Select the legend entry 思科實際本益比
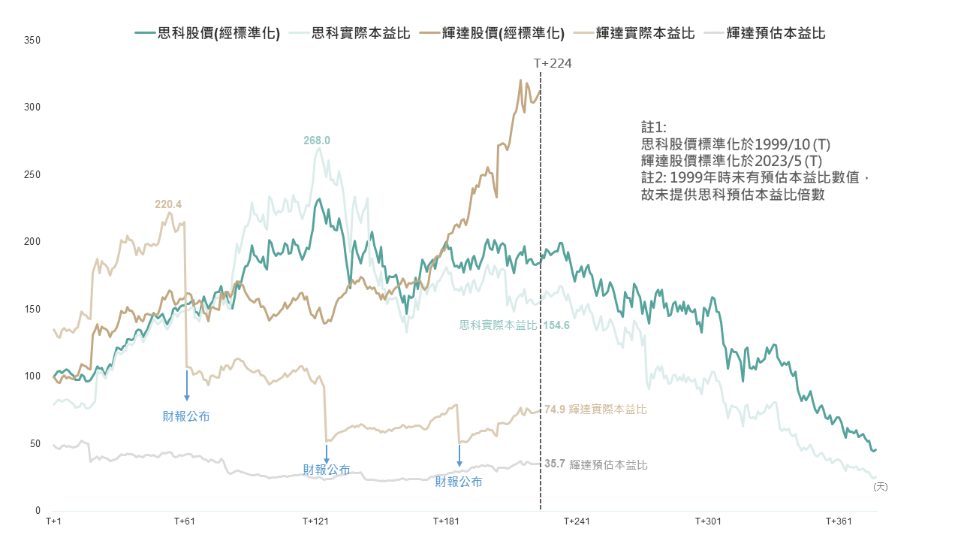point(360,33)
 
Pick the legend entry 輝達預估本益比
point(776,33)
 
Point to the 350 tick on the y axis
point(32,40)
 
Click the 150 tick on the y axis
point(32,309)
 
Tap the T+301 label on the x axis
point(707,521)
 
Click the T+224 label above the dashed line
point(553,63)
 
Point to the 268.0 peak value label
point(317,141)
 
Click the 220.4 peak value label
point(168,204)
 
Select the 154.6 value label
point(556,325)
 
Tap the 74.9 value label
point(555,410)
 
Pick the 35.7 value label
point(555,464)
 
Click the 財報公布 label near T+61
point(186,416)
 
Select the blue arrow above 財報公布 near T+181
point(459,456)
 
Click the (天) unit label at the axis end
point(880,487)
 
